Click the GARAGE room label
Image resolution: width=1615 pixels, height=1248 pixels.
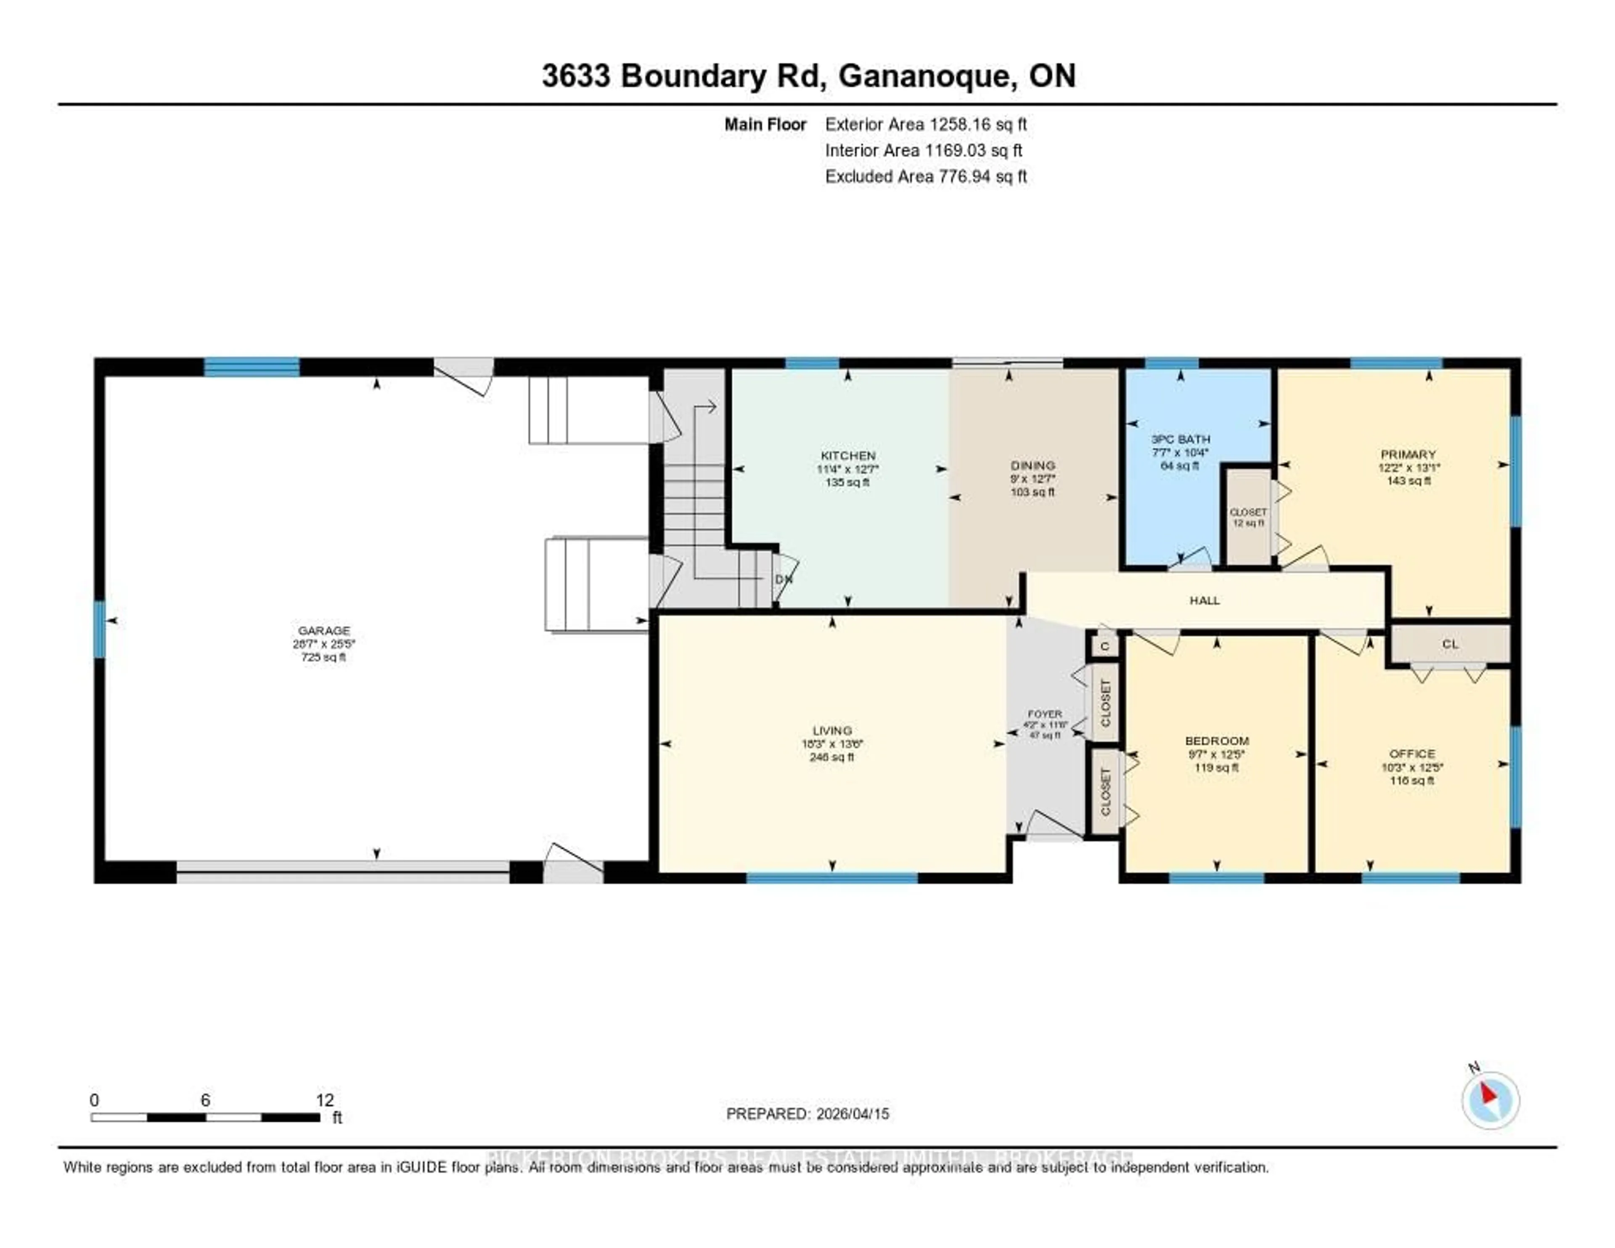pos(324,630)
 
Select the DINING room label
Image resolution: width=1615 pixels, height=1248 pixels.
pos(1033,465)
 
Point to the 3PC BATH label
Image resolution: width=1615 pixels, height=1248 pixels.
pos(1180,439)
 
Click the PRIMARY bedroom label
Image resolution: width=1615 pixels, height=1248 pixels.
pos(1408,454)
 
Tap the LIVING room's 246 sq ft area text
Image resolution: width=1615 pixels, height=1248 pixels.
pos(832,757)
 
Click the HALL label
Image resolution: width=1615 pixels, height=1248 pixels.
pos(1204,601)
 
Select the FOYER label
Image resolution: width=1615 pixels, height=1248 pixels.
pos(1044,714)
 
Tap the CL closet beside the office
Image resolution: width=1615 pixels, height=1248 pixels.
pos(1449,644)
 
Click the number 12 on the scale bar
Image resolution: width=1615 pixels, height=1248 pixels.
pos(325,1100)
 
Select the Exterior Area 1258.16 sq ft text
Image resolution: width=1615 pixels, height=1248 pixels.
pos(926,124)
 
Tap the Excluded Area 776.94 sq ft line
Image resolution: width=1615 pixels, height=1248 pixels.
pos(926,176)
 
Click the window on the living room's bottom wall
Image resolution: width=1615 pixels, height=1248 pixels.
pos(832,878)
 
